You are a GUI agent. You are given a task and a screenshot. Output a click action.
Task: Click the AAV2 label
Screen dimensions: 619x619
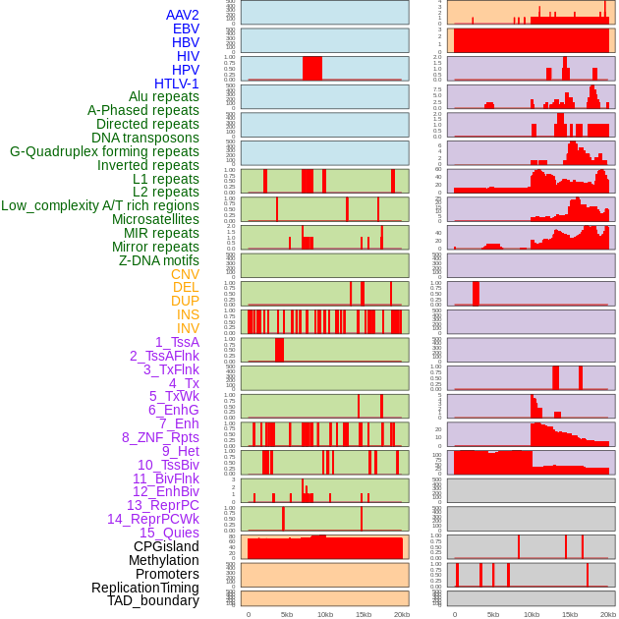(183, 15)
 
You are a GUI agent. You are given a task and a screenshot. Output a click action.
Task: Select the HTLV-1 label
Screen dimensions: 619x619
(177, 84)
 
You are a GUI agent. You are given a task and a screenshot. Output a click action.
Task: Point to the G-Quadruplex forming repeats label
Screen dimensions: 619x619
(104, 151)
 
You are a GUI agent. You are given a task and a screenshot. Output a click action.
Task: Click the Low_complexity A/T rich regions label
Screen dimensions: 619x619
(100, 205)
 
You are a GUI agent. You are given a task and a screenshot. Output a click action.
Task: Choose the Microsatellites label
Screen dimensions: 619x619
(155, 219)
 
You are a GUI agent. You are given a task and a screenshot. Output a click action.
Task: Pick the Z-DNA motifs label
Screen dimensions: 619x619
(159, 260)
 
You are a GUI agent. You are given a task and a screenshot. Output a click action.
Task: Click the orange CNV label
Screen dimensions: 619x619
(185, 274)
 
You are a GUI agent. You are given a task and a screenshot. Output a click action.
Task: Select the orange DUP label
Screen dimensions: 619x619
(185, 301)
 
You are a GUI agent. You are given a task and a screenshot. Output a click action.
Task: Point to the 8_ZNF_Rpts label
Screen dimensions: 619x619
(160, 437)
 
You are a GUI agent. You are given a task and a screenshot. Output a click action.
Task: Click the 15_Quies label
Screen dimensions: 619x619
(169, 533)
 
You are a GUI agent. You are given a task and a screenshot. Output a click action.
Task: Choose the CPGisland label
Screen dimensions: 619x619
(166, 546)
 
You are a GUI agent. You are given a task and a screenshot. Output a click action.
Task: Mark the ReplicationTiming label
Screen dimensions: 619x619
(145, 588)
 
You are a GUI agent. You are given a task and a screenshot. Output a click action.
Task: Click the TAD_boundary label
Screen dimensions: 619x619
(153, 600)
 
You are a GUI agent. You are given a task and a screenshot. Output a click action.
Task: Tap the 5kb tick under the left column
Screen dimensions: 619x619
(287, 614)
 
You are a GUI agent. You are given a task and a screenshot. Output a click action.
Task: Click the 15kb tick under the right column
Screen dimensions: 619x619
(570, 614)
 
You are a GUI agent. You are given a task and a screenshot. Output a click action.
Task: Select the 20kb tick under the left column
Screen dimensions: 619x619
(401, 614)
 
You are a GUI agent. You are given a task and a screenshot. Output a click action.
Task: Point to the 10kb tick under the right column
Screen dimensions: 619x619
(532, 614)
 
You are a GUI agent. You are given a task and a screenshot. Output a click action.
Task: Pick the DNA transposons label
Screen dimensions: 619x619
(145, 138)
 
